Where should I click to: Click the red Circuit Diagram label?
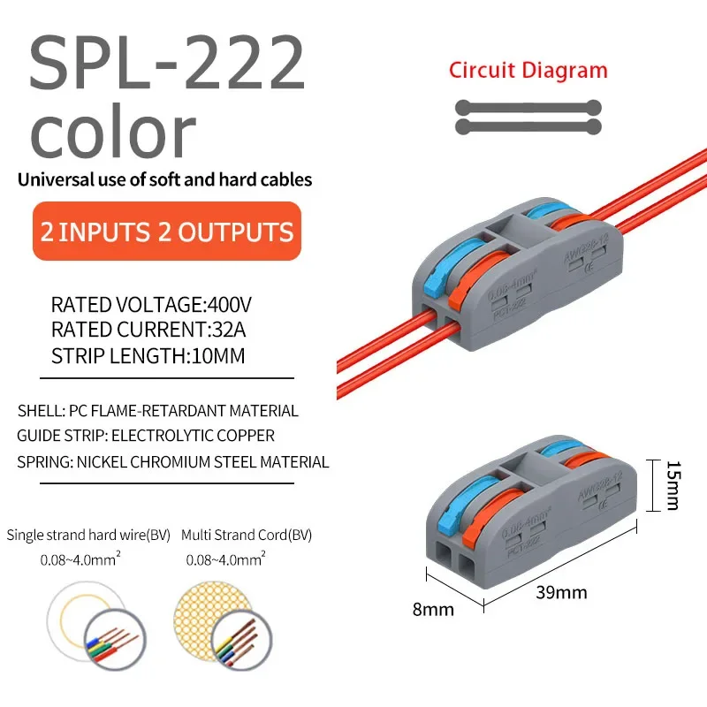528,71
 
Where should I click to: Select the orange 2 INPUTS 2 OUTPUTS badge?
167,232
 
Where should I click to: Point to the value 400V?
228,306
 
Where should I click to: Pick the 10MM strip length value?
216,357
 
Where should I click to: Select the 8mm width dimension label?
434,609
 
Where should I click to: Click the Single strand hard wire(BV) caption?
89,535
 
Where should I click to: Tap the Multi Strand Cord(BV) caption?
247,535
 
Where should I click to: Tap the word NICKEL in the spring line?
104,461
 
